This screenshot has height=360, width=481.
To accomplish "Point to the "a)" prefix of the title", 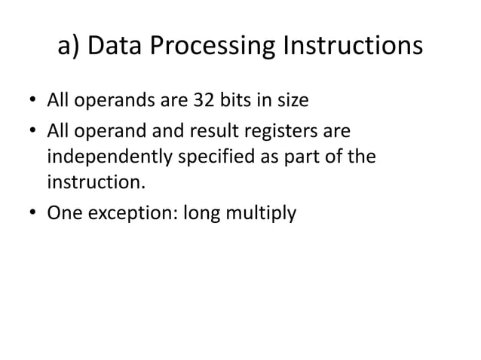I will pos(69,47).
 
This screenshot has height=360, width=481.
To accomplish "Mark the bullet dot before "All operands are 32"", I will pos(34,100).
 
